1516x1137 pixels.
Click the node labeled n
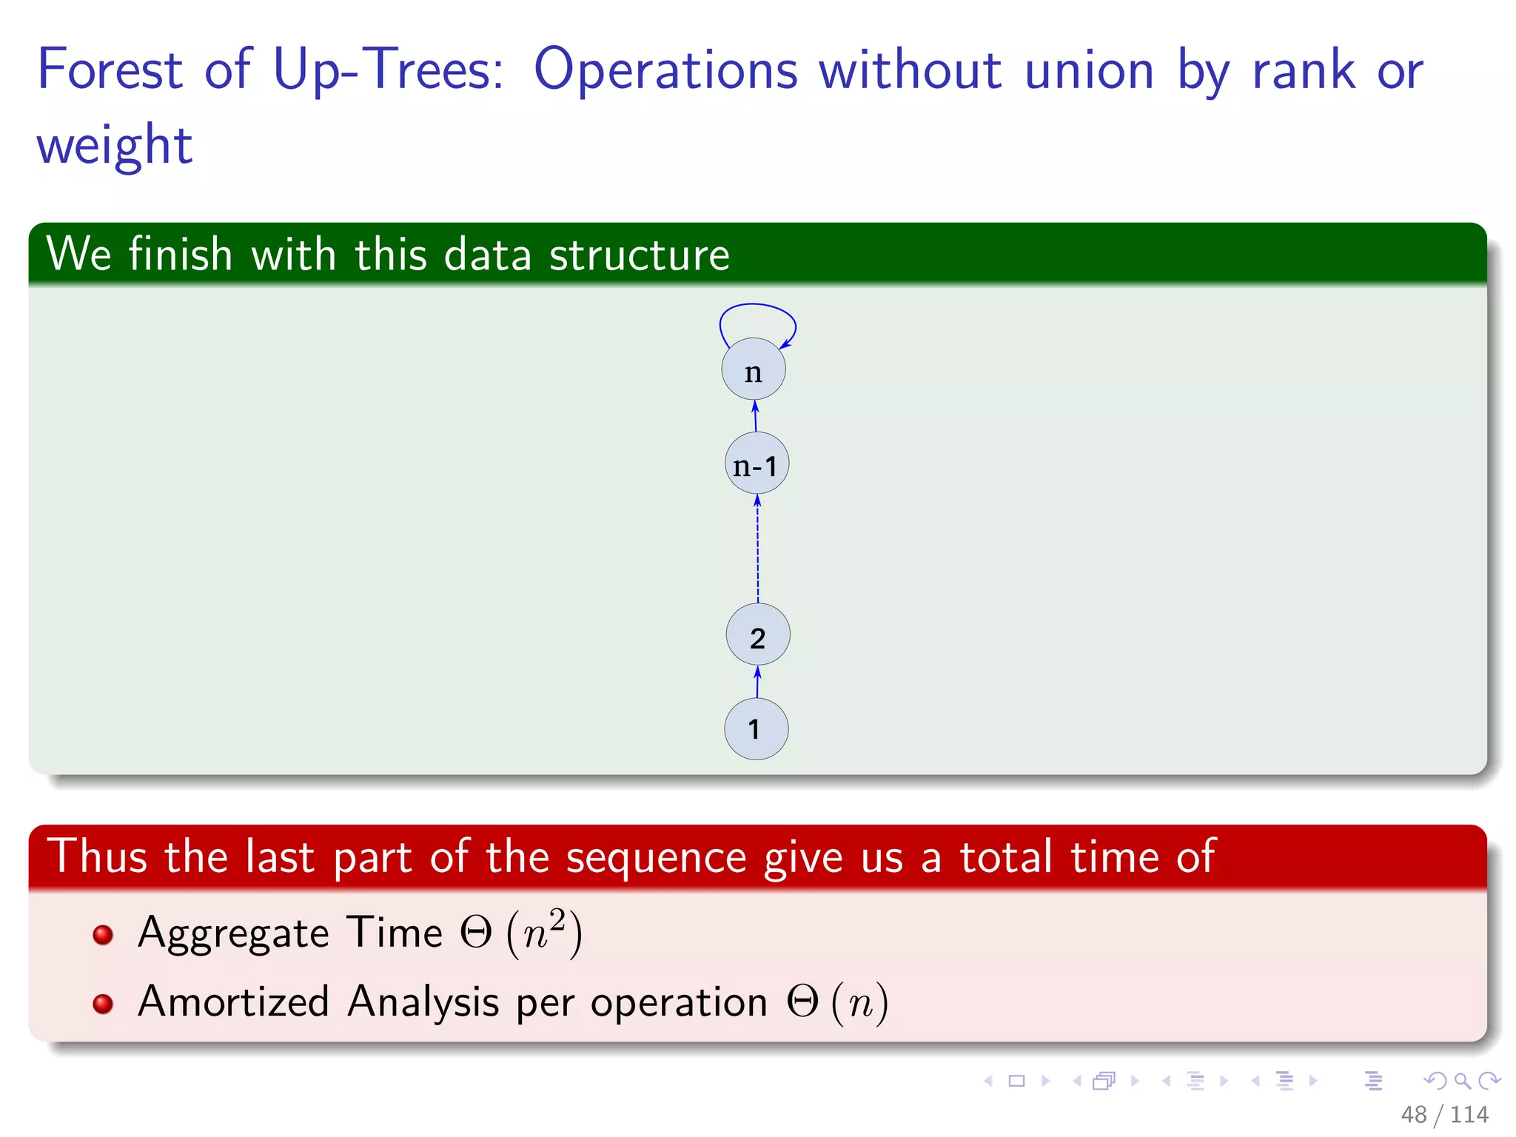(x=753, y=369)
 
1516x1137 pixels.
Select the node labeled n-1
(x=756, y=464)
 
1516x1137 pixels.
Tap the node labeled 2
(x=757, y=635)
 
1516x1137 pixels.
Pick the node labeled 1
(x=756, y=729)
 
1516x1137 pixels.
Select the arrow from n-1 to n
(x=755, y=417)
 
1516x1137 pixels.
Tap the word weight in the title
(x=115, y=145)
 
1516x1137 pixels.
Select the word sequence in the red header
(x=656, y=857)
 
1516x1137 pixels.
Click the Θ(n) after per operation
(x=836, y=1002)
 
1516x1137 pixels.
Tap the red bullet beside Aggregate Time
(x=103, y=935)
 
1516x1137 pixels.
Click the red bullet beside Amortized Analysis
(x=103, y=1004)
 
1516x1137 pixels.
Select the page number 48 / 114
(x=1443, y=1114)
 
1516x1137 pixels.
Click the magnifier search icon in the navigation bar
(x=1462, y=1081)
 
